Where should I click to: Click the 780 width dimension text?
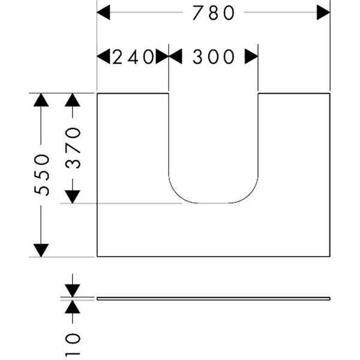(x=213, y=13)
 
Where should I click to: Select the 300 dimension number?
(x=213, y=57)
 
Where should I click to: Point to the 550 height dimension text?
(x=41, y=174)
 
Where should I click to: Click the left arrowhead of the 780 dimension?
(x=104, y=13)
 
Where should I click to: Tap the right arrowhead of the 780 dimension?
(x=323, y=13)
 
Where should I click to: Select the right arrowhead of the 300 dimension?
(x=251, y=56)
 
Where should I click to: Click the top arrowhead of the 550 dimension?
(x=41, y=100)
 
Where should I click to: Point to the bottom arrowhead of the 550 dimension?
(x=41, y=250)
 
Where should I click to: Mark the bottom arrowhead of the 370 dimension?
(x=73, y=196)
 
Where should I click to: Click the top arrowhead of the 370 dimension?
(x=73, y=100)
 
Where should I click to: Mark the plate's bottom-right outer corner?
(x=329, y=256)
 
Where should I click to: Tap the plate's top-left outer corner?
(x=97, y=94)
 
